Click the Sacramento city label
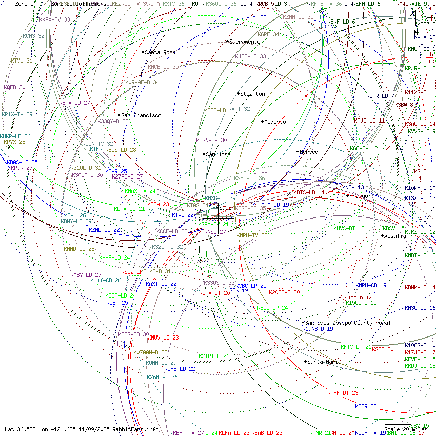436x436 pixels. coord(245,42)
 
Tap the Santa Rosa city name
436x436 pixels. coord(160,52)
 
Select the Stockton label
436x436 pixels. coord(252,94)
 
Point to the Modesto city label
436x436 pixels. coord(275,122)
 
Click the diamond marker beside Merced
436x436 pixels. coord(298,151)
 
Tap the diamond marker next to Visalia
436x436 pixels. coord(383,235)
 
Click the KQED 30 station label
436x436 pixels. coord(14,88)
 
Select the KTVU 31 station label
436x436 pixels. coord(21,61)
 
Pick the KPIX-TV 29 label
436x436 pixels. coord(17,114)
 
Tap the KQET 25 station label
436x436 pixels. coord(117,303)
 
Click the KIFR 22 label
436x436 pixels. coord(366,406)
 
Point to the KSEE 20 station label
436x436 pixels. coord(383,349)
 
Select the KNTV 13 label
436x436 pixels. coord(353,188)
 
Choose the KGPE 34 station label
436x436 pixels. coord(268,34)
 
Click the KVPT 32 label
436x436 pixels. coord(239,109)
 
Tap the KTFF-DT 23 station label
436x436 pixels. coord(343,393)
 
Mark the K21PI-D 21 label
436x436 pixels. coord(214,356)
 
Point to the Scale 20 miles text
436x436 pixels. coord(405,429)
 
